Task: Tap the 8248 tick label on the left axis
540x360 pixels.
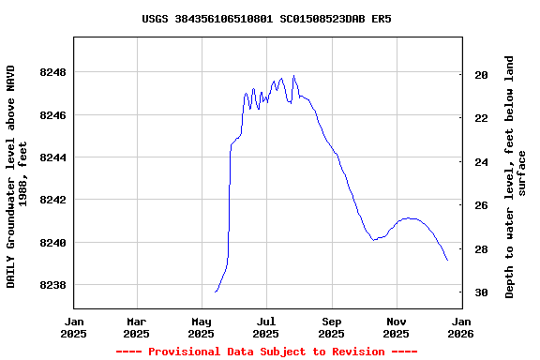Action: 53,72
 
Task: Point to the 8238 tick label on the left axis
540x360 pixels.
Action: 53,285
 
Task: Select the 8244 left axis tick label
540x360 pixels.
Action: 53,157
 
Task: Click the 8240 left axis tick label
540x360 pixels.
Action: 53,243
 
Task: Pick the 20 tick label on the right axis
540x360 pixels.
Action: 481,75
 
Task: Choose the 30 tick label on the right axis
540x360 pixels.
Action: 481,292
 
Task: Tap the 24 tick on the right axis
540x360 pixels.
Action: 481,162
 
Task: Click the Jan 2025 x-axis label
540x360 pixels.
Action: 73,326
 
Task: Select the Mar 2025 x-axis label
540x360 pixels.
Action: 137,326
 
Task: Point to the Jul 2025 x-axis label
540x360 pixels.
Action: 267,326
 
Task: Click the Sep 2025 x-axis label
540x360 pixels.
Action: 332,326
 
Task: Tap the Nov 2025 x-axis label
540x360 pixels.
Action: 397,326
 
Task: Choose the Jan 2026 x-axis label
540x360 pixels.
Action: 461,326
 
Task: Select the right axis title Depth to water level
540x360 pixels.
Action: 516,176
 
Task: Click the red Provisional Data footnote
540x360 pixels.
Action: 266,352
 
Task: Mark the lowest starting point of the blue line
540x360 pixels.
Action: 216,292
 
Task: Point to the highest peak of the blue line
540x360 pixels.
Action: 293,76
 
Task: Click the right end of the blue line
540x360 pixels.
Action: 447,260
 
